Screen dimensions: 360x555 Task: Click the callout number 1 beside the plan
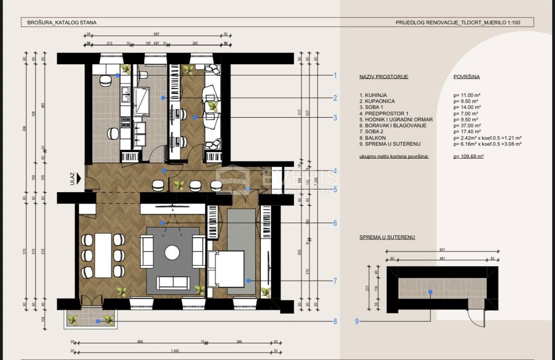coord(335,76)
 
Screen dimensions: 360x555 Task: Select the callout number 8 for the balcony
coord(335,322)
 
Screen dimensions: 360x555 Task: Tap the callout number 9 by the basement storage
coord(357,322)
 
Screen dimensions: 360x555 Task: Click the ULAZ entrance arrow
coord(80,178)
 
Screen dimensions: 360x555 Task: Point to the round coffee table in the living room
coord(173,252)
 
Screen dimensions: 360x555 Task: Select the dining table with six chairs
coord(103,255)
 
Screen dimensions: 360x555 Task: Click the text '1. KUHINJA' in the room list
coord(373,95)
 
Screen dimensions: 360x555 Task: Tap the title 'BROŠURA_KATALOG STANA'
coord(59,22)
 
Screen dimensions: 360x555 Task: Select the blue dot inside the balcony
coord(98,321)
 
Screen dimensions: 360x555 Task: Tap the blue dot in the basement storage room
coord(431,292)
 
